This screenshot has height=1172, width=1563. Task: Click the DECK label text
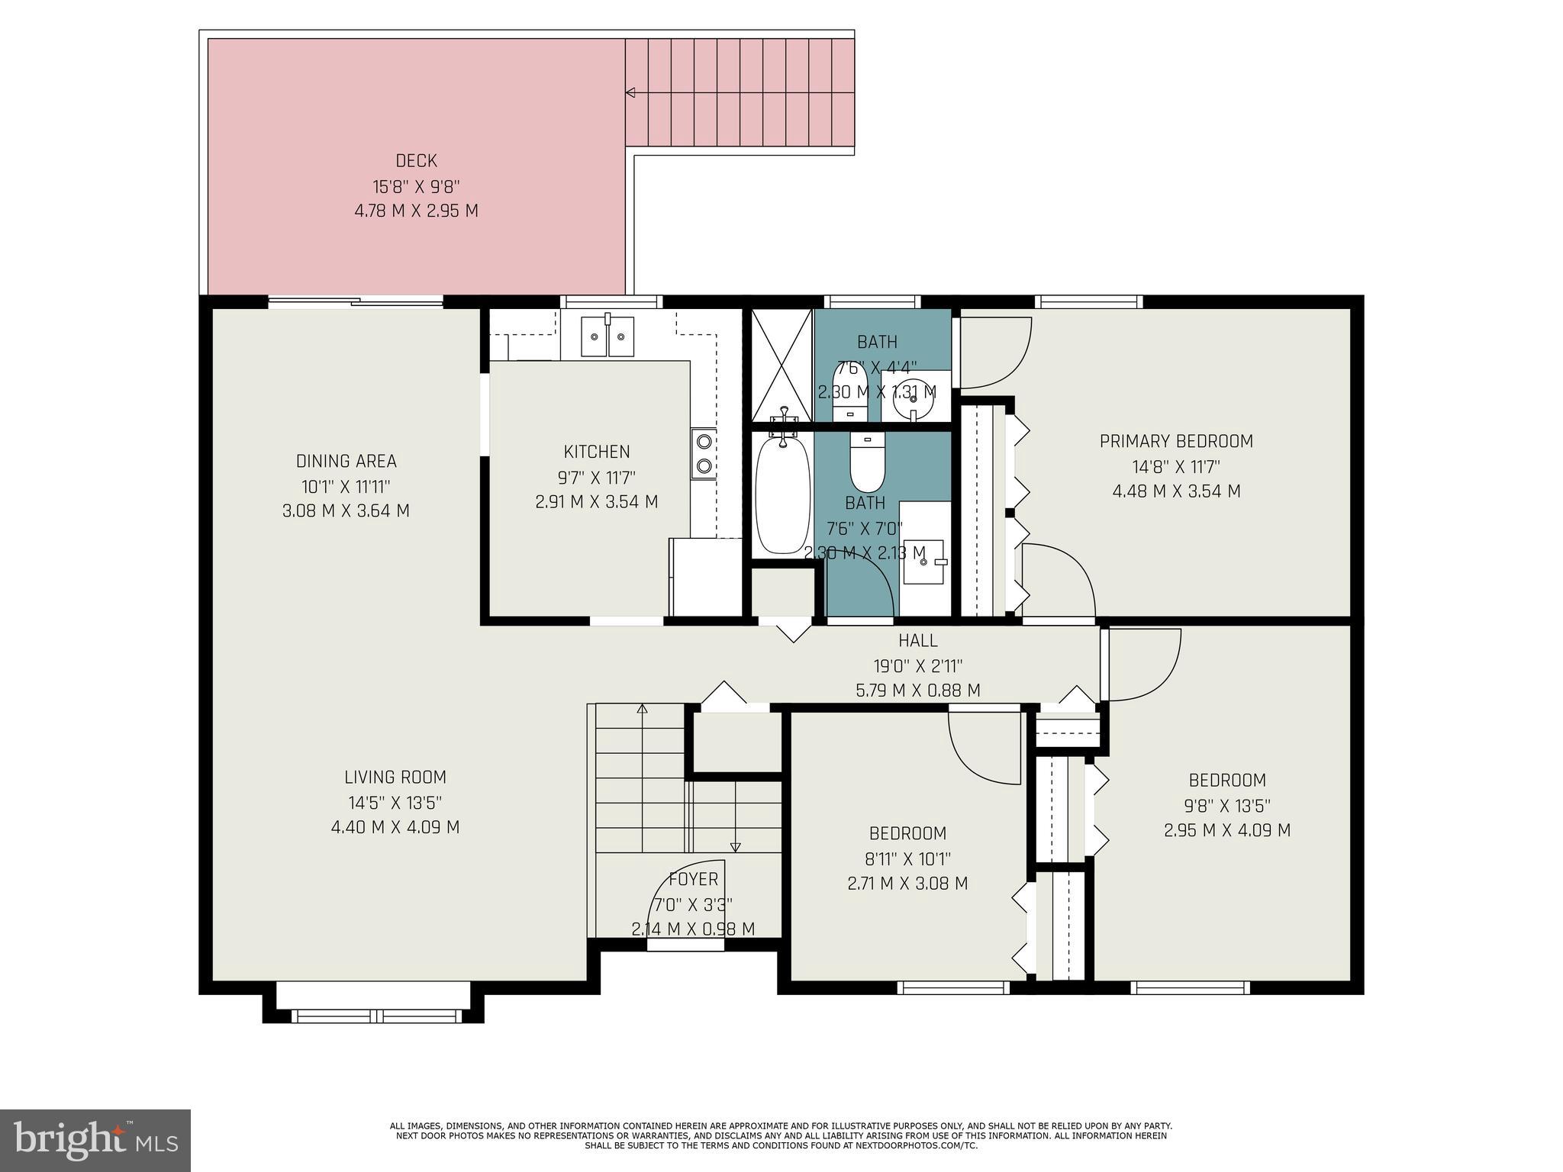pyautogui.click(x=416, y=161)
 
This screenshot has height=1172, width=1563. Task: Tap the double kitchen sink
pyautogui.click(x=607, y=336)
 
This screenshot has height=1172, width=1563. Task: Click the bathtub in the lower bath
pyautogui.click(x=782, y=494)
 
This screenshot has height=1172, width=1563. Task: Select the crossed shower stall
pyautogui.click(x=782, y=365)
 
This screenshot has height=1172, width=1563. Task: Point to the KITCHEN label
pyautogui.click(x=597, y=452)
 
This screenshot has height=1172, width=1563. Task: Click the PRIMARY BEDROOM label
pyautogui.click(x=1176, y=441)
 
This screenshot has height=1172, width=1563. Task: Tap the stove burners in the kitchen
pyautogui.click(x=704, y=454)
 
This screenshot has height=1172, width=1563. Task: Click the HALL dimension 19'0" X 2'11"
pyautogui.click(x=917, y=666)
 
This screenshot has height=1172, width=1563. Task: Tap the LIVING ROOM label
pyautogui.click(x=395, y=778)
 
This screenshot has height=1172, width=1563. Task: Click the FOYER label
pyautogui.click(x=693, y=880)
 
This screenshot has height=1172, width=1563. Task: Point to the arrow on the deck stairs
pyautogui.click(x=630, y=93)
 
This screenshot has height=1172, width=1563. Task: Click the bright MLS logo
pyautogui.click(x=95, y=1141)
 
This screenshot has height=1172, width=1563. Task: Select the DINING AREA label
pyautogui.click(x=346, y=461)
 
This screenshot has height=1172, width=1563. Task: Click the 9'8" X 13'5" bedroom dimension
pyautogui.click(x=1227, y=806)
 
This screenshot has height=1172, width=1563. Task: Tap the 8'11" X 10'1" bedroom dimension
pyautogui.click(x=907, y=858)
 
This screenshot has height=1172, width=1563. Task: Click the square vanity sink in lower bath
pyautogui.click(x=923, y=562)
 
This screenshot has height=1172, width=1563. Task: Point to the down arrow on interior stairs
pyautogui.click(x=735, y=846)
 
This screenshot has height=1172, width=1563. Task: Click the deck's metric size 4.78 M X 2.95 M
pyautogui.click(x=416, y=211)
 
